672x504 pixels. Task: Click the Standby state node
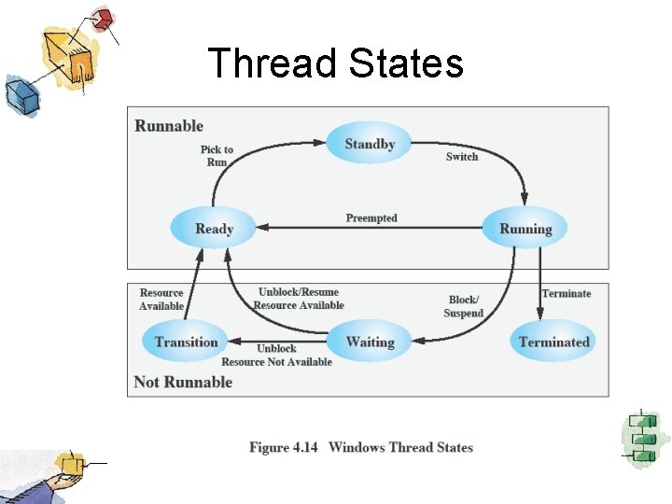pos(370,144)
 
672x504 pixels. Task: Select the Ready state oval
pos(214,229)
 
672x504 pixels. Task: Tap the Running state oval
pos(525,229)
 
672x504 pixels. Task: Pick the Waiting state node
pos(370,342)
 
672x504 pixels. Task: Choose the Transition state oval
pos(186,342)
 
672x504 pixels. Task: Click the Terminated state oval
pos(554,342)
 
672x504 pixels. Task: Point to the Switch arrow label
pos(462,157)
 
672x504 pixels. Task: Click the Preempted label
pos(371,218)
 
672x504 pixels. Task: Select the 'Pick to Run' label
pos(217,156)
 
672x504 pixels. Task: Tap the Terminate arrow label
pos(567,294)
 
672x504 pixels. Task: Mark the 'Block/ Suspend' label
pos(464,307)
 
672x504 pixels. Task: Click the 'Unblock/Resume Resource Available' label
pos(299,299)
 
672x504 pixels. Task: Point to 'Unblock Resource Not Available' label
pos(276,356)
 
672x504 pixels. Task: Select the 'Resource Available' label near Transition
pos(161,300)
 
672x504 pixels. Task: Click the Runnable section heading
pos(169,126)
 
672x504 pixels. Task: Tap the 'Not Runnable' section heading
pos(183,382)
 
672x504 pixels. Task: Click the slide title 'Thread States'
pos(335,63)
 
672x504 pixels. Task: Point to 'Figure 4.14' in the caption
pos(283,448)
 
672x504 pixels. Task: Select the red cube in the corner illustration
pos(104,18)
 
